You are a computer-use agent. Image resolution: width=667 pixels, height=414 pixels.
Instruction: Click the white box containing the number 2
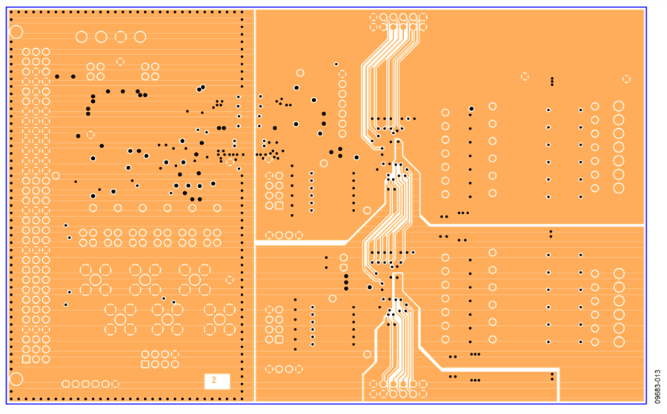click(x=217, y=381)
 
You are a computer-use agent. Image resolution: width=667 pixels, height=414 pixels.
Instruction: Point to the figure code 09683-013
click(x=657, y=387)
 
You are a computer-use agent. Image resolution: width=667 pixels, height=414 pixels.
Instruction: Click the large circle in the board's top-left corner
click(x=16, y=32)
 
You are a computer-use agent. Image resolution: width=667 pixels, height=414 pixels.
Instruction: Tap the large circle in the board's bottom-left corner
click(x=16, y=379)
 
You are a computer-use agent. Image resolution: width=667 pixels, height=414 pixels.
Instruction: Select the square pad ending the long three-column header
click(x=26, y=360)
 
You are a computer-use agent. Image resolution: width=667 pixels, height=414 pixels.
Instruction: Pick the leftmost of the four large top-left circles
click(x=82, y=37)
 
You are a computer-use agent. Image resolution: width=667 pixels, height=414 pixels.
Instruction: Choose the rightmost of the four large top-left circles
click(x=140, y=37)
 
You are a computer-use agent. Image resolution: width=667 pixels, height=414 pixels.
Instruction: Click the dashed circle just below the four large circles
click(x=120, y=61)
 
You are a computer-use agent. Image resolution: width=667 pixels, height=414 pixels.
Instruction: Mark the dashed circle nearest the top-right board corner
click(x=626, y=79)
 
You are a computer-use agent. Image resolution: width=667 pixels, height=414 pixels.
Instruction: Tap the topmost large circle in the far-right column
click(x=619, y=106)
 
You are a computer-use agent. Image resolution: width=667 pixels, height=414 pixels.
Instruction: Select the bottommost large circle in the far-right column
click(x=619, y=341)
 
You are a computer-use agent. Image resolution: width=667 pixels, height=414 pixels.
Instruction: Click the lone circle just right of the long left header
click(x=56, y=176)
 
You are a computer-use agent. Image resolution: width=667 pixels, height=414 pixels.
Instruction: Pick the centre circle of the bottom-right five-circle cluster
click(x=219, y=319)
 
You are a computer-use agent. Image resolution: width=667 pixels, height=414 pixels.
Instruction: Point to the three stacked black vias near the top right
click(x=552, y=81)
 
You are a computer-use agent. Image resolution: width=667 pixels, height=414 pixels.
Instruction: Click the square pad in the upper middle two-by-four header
click(x=279, y=206)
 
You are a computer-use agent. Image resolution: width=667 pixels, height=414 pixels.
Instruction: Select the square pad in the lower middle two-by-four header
click(x=279, y=339)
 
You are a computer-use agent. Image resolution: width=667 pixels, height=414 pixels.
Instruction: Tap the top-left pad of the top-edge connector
click(x=374, y=18)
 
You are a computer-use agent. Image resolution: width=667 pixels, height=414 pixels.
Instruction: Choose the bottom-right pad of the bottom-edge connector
click(x=423, y=393)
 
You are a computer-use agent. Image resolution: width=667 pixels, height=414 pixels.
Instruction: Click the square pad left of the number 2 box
click(x=145, y=364)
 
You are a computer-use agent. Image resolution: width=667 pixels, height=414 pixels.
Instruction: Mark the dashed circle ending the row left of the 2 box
click(x=115, y=384)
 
